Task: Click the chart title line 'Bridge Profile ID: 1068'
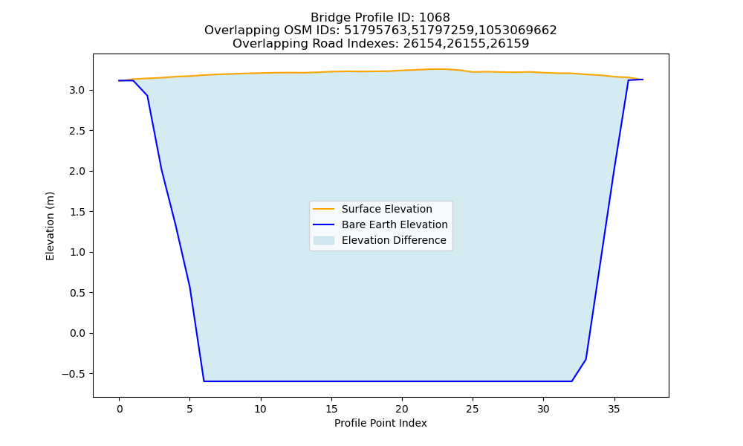point(380,18)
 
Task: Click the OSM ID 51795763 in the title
point(376,30)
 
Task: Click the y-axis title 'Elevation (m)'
point(51,226)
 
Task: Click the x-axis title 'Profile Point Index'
point(380,423)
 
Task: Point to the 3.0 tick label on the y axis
point(77,90)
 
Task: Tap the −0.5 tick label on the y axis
point(74,374)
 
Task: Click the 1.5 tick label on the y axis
point(77,212)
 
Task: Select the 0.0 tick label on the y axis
point(77,334)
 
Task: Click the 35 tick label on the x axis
point(614,409)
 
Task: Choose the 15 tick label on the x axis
point(331,409)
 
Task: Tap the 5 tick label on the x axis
point(189,409)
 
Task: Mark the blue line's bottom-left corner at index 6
point(204,381)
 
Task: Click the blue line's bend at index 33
point(586,359)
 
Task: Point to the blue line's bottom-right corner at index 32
point(572,381)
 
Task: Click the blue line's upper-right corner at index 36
point(629,80)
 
